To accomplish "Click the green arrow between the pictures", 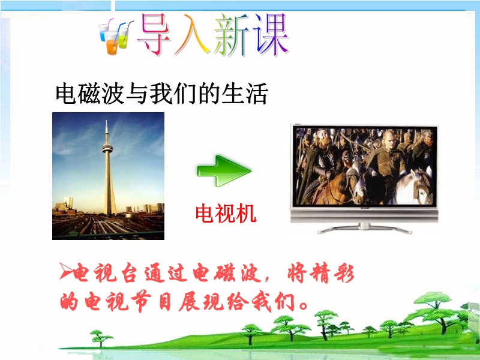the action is [224, 171].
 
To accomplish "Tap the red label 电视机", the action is [226, 214].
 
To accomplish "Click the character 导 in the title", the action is [155, 35].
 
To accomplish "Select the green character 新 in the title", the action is [232, 35].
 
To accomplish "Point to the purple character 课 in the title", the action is [271, 35].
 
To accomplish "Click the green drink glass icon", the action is [124, 38].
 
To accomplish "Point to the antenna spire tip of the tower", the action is [107, 121].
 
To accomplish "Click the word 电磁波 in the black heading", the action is [89, 94].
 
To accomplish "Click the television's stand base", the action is [364, 229].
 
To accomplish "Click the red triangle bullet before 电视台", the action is [65, 271].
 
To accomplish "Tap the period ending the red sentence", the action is [304, 305].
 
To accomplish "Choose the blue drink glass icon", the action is [103, 33].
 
